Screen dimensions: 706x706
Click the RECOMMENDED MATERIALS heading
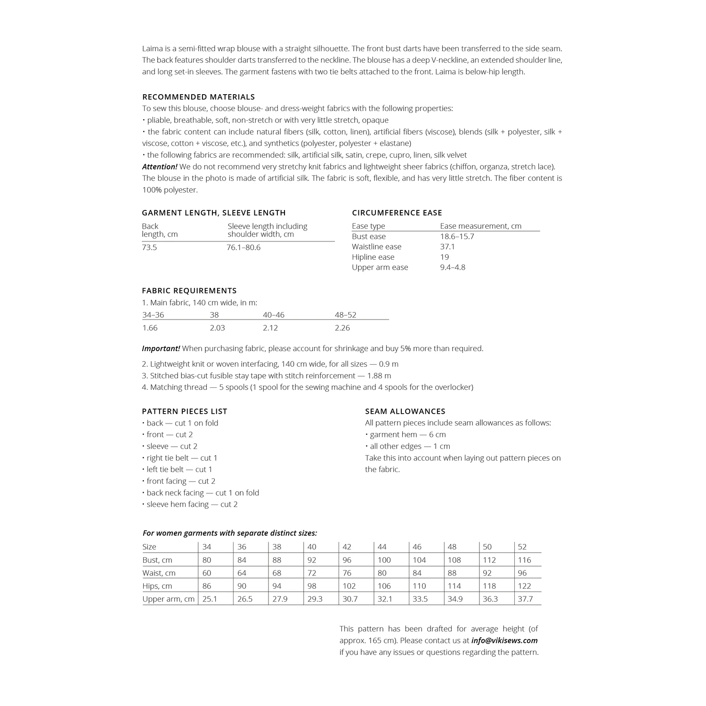pos(198,97)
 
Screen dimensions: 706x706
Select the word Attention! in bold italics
pos(160,167)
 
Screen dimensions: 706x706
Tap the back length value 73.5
pos(149,248)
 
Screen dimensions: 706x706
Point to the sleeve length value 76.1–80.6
pos(243,248)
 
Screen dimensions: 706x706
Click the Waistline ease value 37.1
pos(447,247)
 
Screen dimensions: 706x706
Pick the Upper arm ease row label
pos(380,267)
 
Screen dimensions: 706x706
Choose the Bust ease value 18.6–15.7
pos(457,236)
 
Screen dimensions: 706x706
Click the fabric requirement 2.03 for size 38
pos(217,328)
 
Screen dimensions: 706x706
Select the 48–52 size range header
pos(345,315)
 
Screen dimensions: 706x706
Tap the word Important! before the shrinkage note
pos(161,349)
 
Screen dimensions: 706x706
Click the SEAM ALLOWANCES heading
pos(405,411)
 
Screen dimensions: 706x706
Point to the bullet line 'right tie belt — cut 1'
pos(182,458)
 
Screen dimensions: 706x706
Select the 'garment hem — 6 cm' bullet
pos(407,434)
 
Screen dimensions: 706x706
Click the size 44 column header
pos(382,547)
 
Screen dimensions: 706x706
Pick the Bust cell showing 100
pos(384,560)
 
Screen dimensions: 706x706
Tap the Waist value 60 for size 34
pos(207,573)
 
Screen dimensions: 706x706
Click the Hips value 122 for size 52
pos(524,586)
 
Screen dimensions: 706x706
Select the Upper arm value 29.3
pos(315,599)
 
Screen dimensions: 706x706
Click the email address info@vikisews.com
pos(504,641)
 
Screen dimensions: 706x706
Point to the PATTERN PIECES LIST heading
pos(185,411)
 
